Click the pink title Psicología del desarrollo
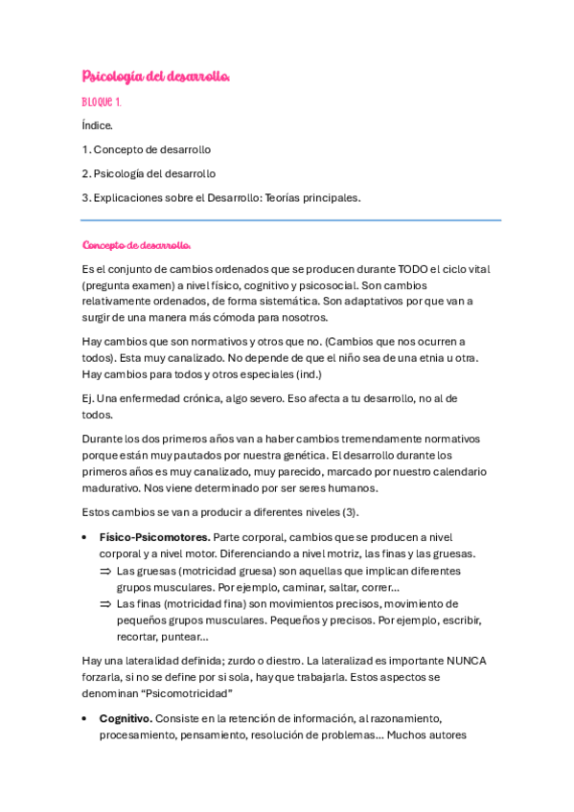coord(156,76)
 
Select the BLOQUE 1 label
coord(102,101)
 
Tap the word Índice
coord(98,125)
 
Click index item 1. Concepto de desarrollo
coord(147,149)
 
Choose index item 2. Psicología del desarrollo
coord(149,173)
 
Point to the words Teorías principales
coord(312,197)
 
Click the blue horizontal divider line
coord(291,220)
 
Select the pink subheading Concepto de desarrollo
coord(137,244)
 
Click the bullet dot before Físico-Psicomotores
coord(87,537)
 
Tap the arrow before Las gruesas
coord(105,571)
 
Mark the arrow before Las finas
coord(105,604)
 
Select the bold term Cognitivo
coord(125,717)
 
